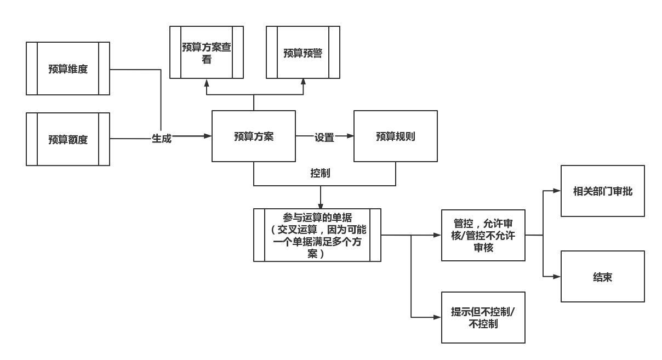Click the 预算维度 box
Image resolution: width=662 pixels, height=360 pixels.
[x=68, y=69]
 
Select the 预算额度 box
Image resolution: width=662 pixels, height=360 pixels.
[x=68, y=139]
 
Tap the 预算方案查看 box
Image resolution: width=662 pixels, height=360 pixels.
[x=207, y=53]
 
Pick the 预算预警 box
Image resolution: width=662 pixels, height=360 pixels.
[x=303, y=53]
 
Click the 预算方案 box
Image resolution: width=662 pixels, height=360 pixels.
[x=254, y=136]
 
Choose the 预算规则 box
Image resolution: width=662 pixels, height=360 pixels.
[x=396, y=136]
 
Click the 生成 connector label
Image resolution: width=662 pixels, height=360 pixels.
[x=162, y=139]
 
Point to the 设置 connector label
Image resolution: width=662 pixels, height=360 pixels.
[x=324, y=138]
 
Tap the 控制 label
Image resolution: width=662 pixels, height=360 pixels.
[x=320, y=173]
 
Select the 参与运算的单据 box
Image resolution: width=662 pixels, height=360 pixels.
[x=317, y=235]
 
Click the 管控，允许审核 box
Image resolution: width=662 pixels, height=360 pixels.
[x=483, y=235]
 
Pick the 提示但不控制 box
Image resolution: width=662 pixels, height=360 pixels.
[x=483, y=317]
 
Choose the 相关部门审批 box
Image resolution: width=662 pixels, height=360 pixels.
[x=603, y=191]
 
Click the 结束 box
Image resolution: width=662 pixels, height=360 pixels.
[x=603, y=277]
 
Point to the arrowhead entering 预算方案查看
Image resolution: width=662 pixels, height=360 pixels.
[x=207, y=83]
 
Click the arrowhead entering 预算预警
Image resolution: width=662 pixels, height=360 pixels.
[x=303, y=83]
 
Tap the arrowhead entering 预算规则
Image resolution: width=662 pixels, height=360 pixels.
[x=350, y=136]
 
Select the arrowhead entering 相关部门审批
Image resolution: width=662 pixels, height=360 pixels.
[x=557, y=191]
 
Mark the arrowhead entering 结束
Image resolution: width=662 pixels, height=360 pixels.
[x=557, y=277]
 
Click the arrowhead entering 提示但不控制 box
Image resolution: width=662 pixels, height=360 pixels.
[x=437, y=317]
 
